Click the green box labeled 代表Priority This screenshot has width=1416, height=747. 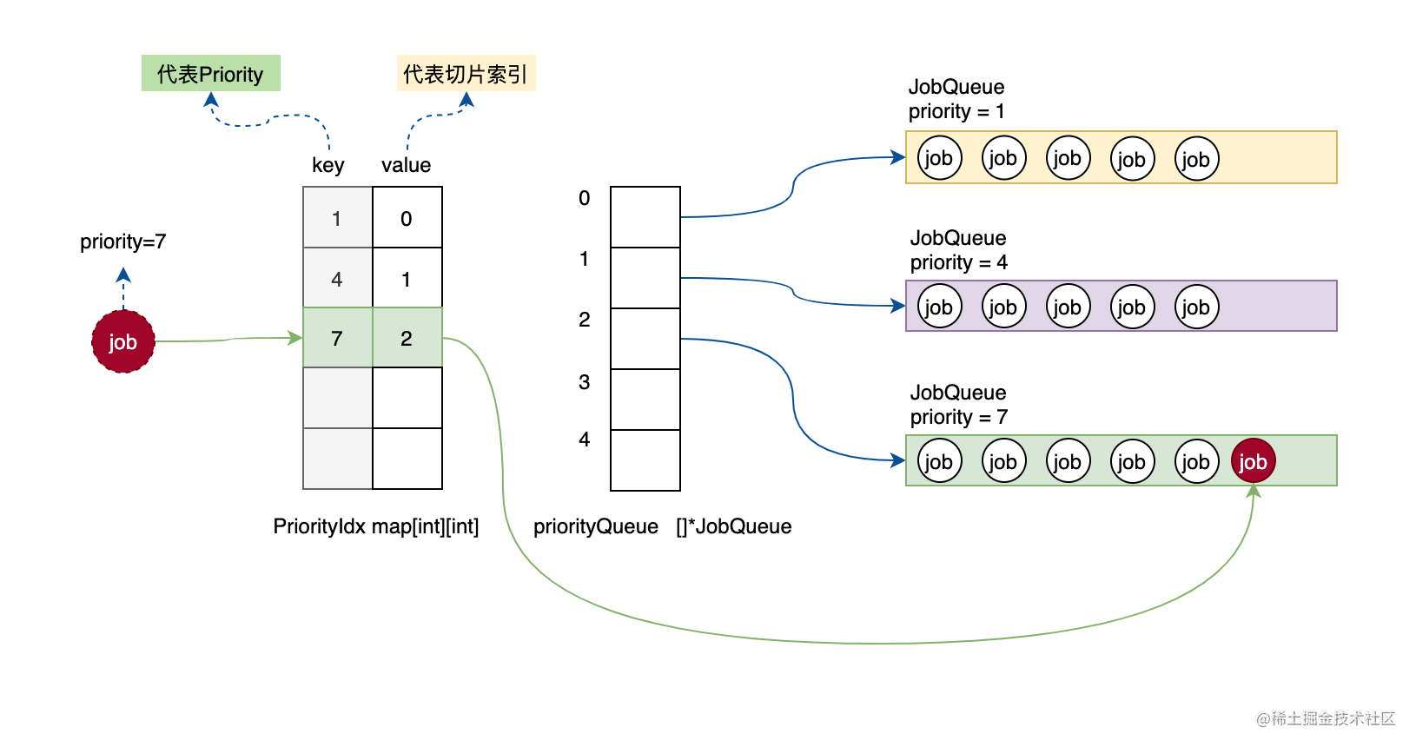[211, 74]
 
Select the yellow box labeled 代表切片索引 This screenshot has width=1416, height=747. [466, 74]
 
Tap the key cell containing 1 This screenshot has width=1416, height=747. [337, 218]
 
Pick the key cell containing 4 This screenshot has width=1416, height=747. [337, 279]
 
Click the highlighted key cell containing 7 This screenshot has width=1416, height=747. [337, 338]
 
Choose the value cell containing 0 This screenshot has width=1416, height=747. [407, 218]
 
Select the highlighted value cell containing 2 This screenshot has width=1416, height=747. [407, 338]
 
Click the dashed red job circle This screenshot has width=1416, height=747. [123, 342]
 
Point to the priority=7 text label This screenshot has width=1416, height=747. [122, 241]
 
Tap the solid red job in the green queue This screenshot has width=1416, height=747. [1253, 461]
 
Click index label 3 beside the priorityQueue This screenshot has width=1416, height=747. [585, 382]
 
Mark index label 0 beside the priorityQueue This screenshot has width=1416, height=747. [585, 198]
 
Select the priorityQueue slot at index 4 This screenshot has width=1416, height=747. [645, 460]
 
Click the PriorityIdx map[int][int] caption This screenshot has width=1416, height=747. [375, 526]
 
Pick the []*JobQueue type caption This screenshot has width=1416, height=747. [734, 526]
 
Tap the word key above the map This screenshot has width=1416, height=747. [328, 165]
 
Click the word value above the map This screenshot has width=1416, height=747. [406, 165]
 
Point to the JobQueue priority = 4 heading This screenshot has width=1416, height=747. [958, 250]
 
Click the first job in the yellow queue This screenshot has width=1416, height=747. [939, 158]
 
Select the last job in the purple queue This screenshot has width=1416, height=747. [1196, 307]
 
